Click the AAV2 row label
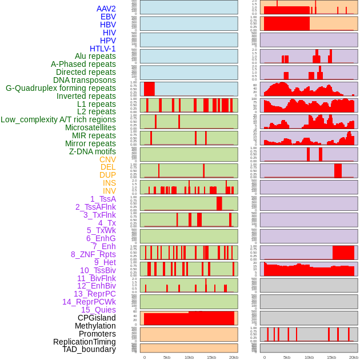106,9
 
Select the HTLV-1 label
102,49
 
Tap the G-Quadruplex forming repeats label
61,88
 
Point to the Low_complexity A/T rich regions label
58,119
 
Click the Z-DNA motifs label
92,151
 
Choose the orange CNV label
107,159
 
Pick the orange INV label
109,191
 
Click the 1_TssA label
103,199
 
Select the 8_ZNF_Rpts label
93,254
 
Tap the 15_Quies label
98,310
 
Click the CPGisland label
97,318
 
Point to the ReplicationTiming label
84,342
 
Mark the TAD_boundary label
89,349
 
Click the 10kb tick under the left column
189,357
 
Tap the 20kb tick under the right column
354,357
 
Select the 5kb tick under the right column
287,357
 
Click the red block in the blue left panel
149,89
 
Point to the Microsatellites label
90,127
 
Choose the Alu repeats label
95,56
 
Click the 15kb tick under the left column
211,357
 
